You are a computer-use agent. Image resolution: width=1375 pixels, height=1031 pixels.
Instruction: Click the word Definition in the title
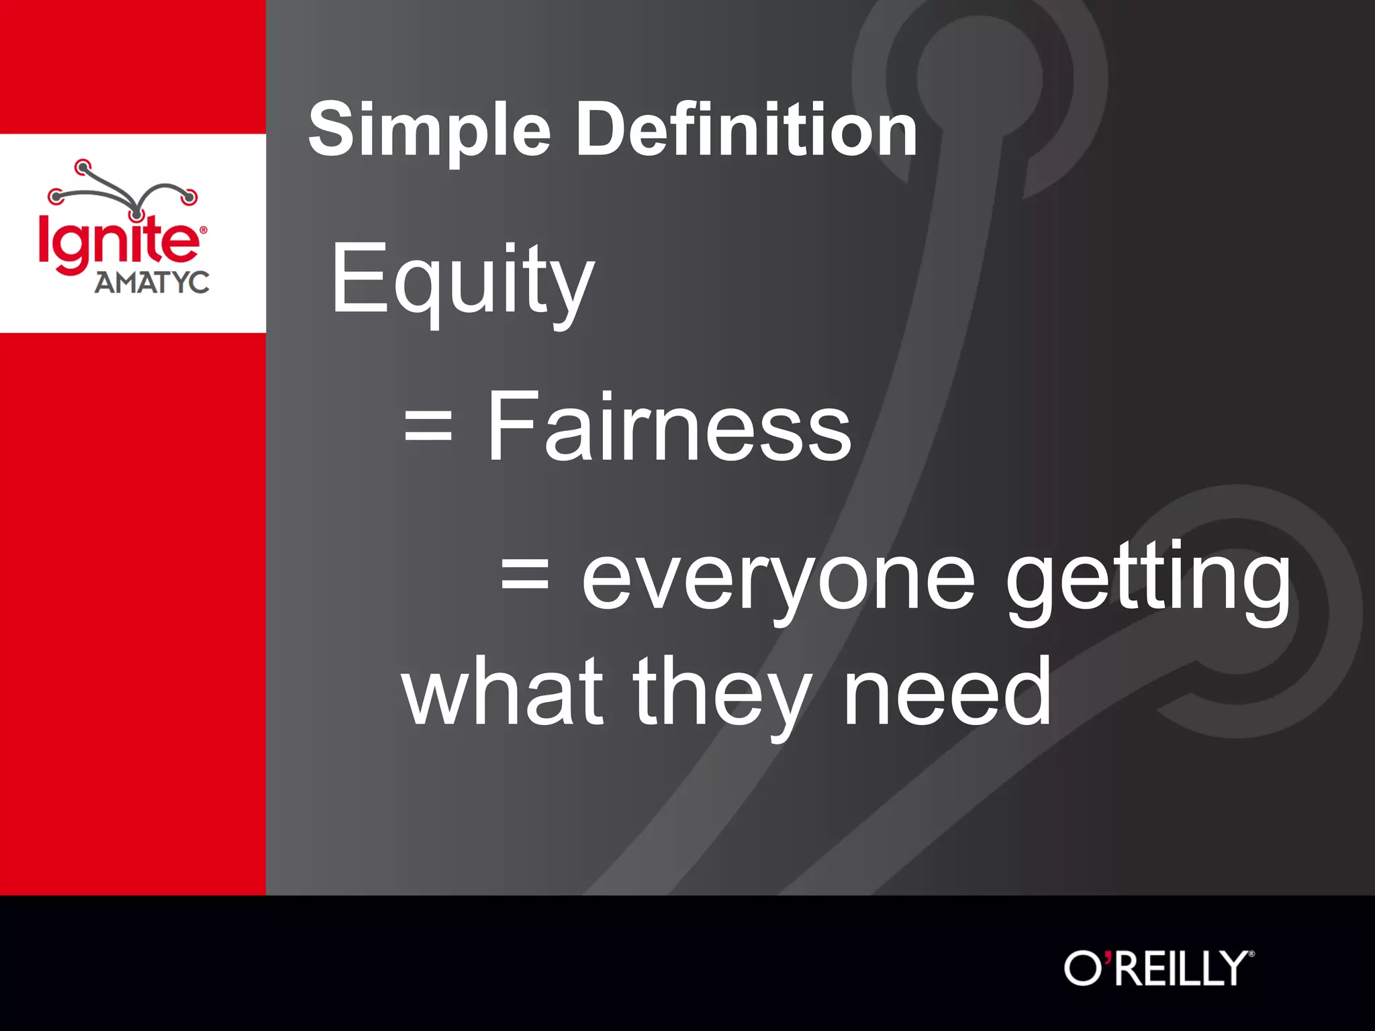tap(747, 130)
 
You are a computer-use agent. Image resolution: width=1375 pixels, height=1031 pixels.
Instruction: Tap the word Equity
tap(463, 281)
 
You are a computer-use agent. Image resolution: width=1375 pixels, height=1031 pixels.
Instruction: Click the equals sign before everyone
tap(525, 576)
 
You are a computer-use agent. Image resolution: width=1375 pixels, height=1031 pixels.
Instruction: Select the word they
tap(722, 695)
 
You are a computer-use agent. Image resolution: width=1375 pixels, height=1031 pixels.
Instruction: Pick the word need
tap(947, 693)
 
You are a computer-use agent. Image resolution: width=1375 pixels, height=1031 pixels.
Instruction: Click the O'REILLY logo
tap(1159, 968)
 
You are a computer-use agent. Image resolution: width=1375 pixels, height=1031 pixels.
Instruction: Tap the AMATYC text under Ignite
tap(152, 283)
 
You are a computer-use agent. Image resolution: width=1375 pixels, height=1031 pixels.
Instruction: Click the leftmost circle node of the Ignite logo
tap(56, 197)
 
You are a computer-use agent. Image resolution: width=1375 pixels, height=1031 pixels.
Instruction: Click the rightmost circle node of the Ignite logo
tap(190, 197)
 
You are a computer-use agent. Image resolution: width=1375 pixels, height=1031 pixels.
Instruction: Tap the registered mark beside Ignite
tap(203, 230)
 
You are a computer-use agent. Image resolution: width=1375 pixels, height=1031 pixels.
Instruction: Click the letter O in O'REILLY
tap(1082, 969)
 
